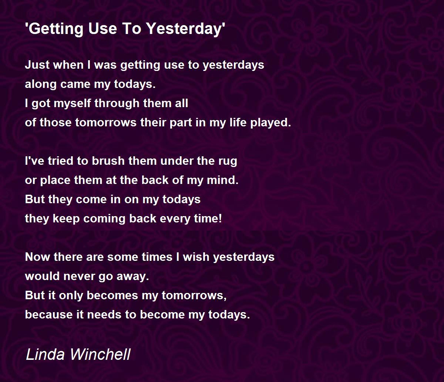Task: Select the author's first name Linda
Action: pyautogui.click(x=45, y=354)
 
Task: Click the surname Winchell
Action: pyautogui.click(x=101, y=354)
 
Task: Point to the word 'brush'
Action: pyautogui.click(x=108, y=161)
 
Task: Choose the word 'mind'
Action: pyautogui.click(x=222, y=180)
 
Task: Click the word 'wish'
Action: pyautogui.click(x=196, y=257)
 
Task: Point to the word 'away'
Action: pyautogui.click(x=133, y=277)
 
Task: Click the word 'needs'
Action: pyautogui.click(x=104, y=315)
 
